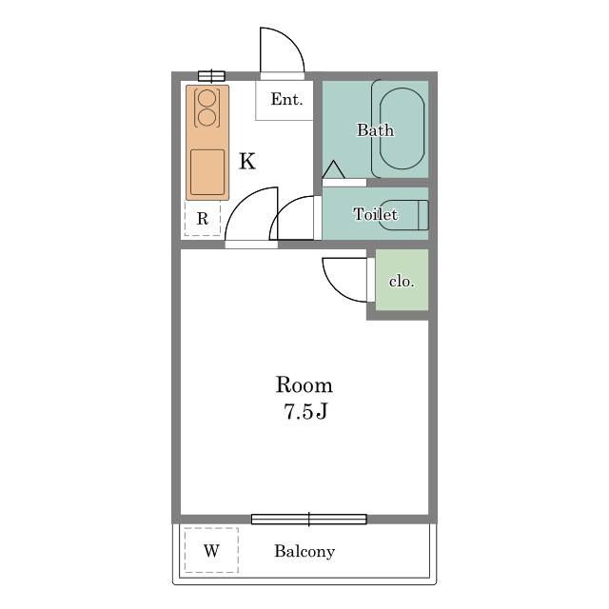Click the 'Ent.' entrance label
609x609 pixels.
[x=286, y=99]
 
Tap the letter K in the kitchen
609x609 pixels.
[x=247, y=161]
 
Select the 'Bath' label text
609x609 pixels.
[x=375, y=130]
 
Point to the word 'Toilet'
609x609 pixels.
[x=375, y=214]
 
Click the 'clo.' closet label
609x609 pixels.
[x=402, y=281]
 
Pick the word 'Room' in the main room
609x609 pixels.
[x=304, y=384]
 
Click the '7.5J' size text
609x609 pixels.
[x=305, y=412]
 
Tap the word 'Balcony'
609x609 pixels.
[x=304, y=551]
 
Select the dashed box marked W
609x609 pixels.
[x=211, y=550]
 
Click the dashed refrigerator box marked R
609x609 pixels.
[x=203, y=218]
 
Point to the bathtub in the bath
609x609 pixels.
[x=402, y=129]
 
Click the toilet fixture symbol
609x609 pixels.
[x=404, y=215]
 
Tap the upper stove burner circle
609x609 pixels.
[x=206, y=98]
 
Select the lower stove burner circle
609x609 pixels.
[x=206, y=117]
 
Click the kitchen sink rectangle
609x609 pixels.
[x=207, y=172]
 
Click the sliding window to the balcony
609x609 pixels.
[x=308, y=520]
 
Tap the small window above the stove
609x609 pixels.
[x=211, y=76]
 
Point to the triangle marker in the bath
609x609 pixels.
[x=333, y=169]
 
